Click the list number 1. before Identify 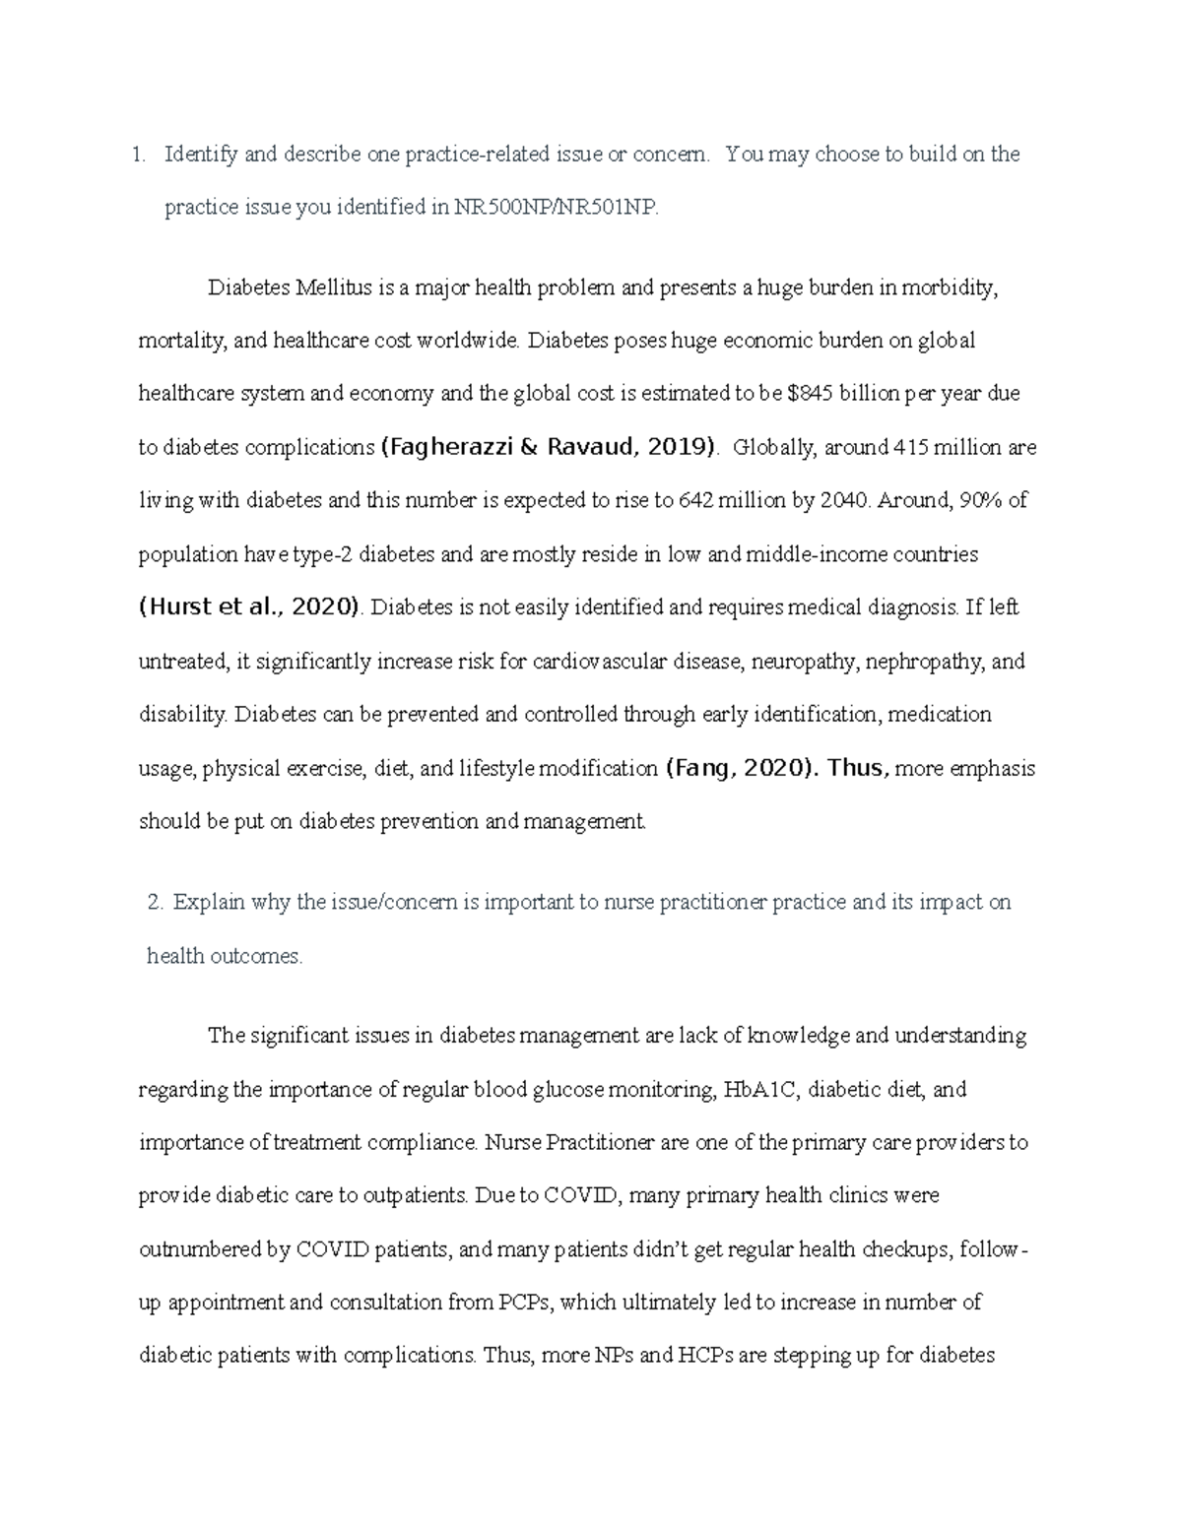coord(139,155)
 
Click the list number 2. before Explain coord(154,903)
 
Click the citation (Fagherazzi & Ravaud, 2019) coord(549,447)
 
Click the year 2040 coord(844,500)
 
